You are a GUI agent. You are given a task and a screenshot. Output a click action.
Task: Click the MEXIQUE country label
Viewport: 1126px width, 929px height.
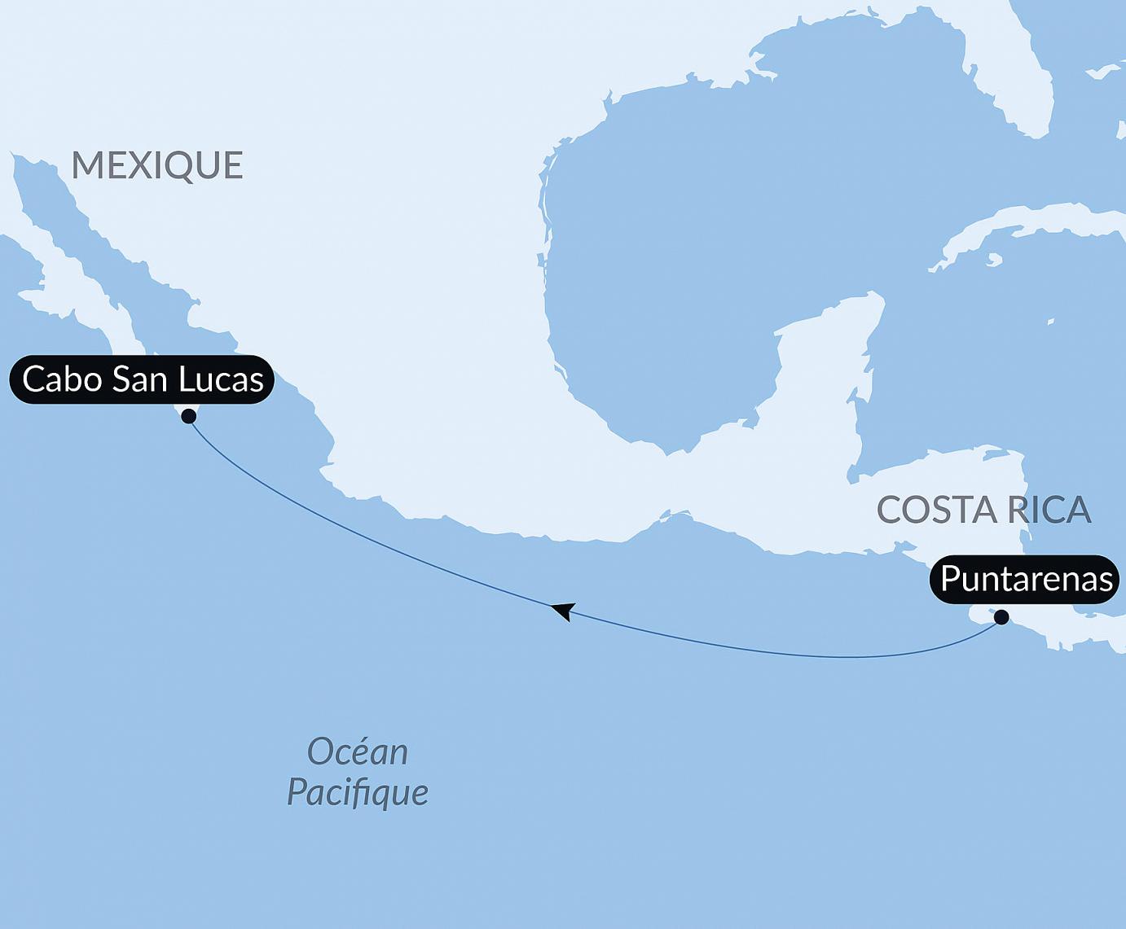[x=157, y=165]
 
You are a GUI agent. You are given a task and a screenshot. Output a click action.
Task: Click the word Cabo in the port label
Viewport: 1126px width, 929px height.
[x=61, y=379]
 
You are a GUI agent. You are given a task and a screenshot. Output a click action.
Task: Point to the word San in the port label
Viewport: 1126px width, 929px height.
[x=140, y=379]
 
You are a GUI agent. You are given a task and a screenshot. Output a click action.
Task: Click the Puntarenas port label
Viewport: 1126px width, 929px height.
[x=1026, y=579]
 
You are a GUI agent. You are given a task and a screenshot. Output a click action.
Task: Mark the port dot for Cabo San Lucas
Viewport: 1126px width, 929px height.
[x=189, y=416]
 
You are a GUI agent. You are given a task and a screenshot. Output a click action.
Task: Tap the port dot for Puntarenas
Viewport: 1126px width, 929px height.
[x=1001, y=617]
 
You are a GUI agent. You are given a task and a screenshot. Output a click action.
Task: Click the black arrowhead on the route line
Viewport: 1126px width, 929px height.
[x=563, y=611]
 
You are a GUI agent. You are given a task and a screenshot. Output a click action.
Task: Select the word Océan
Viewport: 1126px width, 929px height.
[x=357, y=752]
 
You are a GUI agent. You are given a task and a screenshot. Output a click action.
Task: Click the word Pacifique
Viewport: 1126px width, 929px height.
[x=357, y=792]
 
